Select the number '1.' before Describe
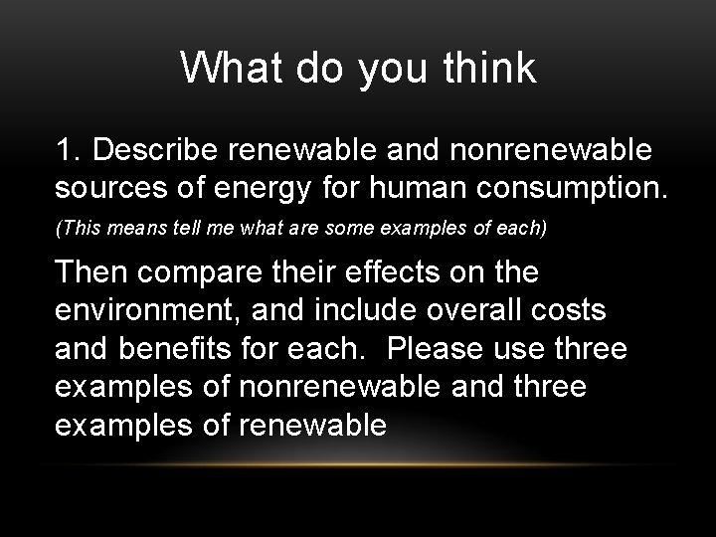73,152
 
